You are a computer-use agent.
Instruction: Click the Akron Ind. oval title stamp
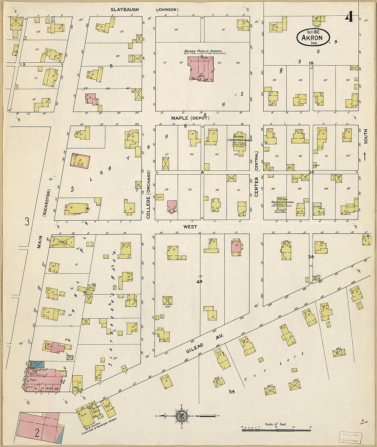(x=313, y=37)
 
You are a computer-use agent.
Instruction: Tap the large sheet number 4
(x=349, y=17)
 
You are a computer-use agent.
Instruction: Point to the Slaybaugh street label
(x=125, y=10)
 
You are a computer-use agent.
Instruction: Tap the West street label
(x=190, y=227)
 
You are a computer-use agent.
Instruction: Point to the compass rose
(x=181, y=416)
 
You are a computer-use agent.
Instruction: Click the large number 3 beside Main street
(x=27, y=222)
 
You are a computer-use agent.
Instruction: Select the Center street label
(x=256, y=187)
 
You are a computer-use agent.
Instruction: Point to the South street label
(x=366, y=136)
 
